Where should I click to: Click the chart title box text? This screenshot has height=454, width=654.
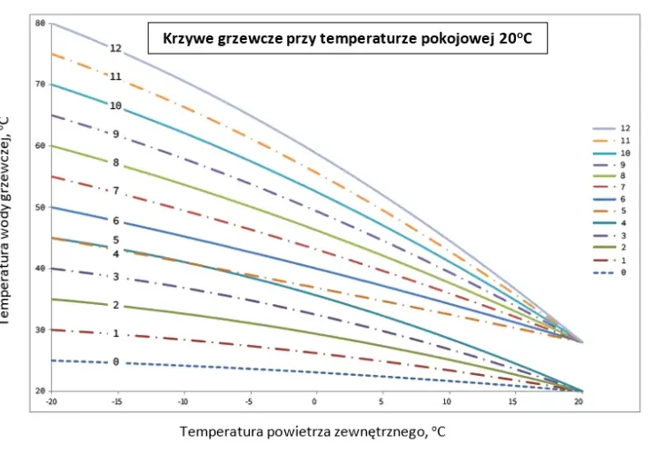347,38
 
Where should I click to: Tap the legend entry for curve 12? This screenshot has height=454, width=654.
611,128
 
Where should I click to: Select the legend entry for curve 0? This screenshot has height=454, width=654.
609,272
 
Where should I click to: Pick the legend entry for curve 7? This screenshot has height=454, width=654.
609,187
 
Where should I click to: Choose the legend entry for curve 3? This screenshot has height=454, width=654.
609,236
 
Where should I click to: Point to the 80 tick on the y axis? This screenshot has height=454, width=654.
40,24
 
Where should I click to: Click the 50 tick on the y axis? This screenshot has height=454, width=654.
40,207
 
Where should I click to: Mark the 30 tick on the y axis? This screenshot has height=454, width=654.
40,330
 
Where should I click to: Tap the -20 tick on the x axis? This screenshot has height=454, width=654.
51,401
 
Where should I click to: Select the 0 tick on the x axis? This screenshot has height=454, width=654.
314,401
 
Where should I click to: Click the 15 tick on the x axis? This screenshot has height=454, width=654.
512,401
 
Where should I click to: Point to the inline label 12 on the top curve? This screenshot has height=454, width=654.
116,48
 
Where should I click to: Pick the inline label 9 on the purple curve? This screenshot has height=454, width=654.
116,134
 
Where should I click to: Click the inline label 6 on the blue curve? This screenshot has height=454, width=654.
116,221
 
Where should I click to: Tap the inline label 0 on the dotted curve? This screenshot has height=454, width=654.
116,362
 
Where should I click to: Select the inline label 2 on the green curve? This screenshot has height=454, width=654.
116,305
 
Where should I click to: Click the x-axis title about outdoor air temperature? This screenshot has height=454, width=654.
312,431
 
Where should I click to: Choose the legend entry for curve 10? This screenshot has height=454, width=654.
611,153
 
